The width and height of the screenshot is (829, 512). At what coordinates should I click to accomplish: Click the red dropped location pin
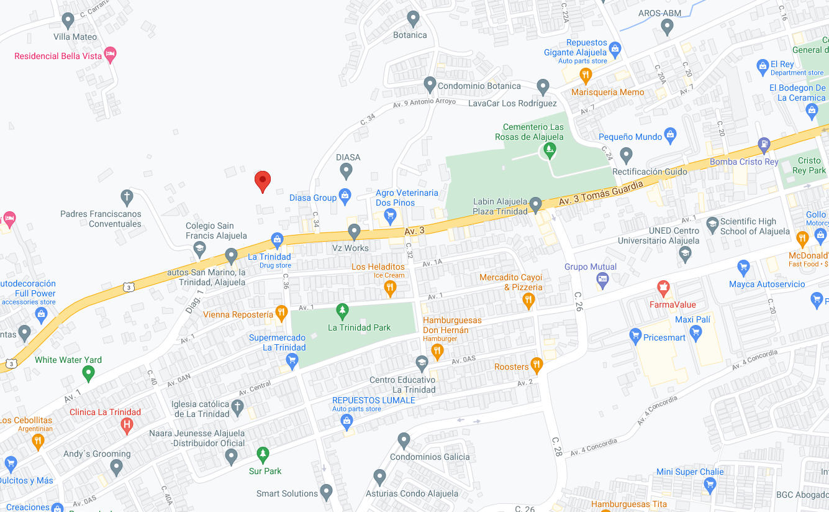(x=263, y=181)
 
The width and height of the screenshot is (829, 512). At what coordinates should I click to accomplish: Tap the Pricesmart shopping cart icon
(x=635, y=337)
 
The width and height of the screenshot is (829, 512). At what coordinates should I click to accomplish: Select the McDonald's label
(x=808, y=255)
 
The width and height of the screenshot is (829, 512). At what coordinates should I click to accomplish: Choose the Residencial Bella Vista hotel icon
(x=110, y=55)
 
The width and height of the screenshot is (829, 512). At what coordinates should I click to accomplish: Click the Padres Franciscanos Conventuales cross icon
(x=127, y=198)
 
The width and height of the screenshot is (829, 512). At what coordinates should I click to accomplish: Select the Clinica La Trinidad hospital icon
(x=127, y=426)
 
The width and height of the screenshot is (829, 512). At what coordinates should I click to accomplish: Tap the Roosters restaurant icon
(x=537, y=365)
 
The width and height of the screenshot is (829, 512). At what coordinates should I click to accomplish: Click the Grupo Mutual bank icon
(x=602, y=281)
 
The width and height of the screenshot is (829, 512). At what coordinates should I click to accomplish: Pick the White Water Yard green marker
(x=88, y=373)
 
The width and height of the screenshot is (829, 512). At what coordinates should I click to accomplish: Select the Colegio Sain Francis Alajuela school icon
(x=199, y=250)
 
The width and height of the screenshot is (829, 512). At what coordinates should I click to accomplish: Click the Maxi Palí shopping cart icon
(x=695, y=334)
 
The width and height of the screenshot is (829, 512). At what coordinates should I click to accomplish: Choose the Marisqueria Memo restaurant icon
(x=585, y=76)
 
